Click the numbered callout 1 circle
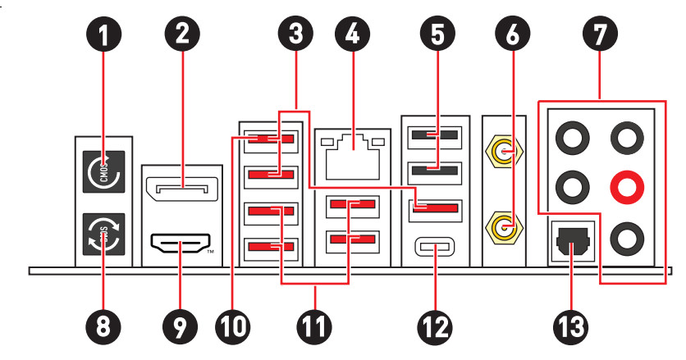point(103,35)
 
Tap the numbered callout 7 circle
point(599,35)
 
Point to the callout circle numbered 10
point(233,326)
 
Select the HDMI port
point(181,244)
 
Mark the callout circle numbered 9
point(181,326)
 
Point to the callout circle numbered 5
point(435,35)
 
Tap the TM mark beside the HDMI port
point(210,251)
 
